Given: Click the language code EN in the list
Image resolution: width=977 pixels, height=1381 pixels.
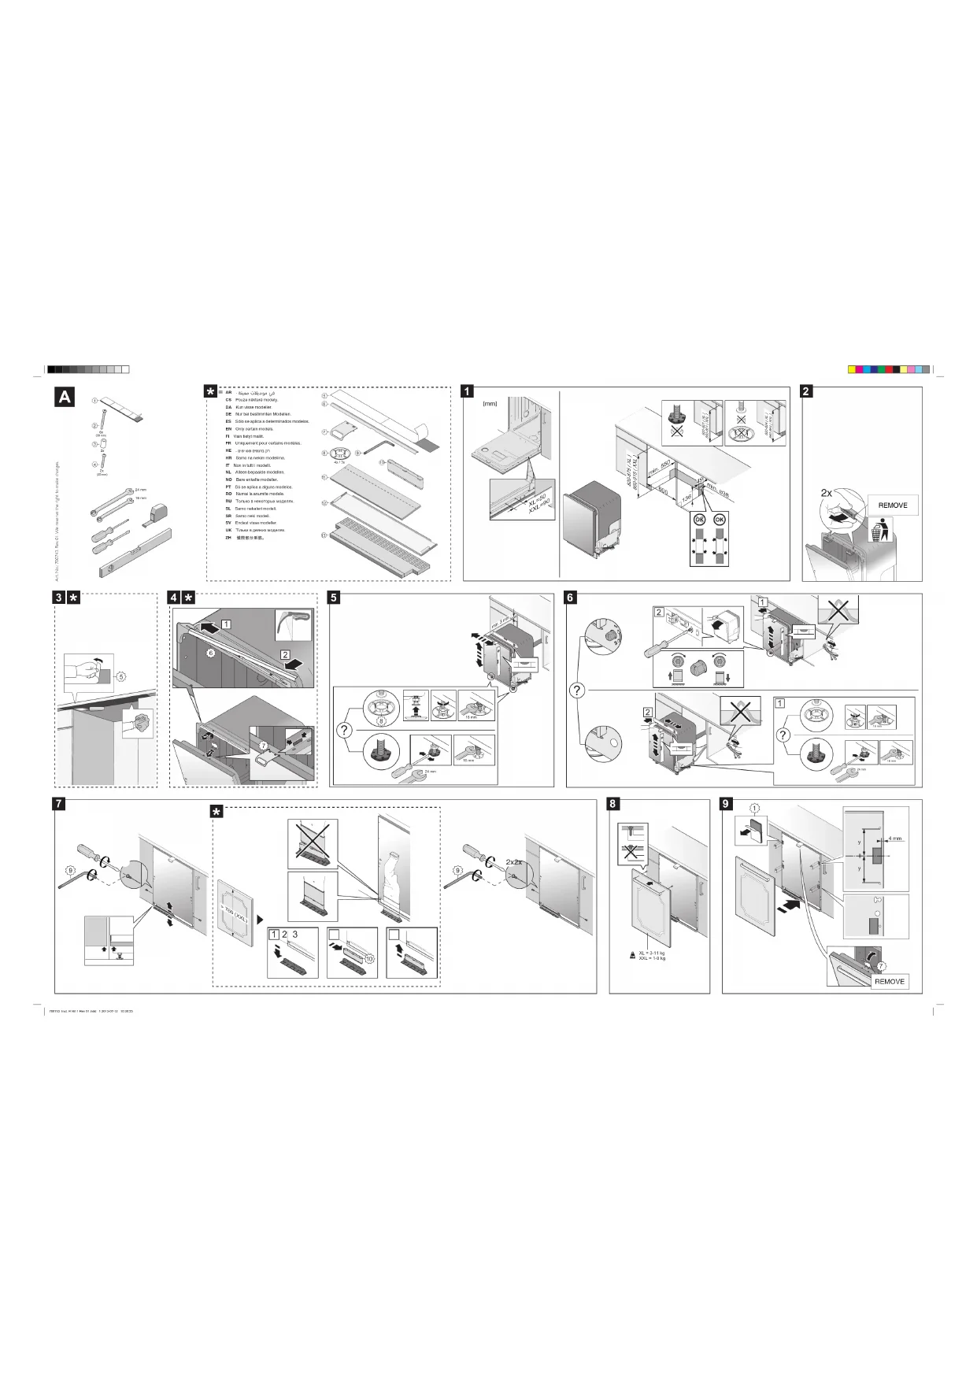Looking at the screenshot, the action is (228, 429).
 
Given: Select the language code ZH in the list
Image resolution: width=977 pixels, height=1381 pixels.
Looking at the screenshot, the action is (228, 538).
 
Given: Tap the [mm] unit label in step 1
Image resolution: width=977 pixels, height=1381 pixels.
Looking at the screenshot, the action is (490, 404).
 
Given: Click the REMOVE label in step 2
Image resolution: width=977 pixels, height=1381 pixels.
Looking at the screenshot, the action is (892, 505).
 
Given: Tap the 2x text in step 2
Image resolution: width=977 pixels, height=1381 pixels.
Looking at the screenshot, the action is (827, 492).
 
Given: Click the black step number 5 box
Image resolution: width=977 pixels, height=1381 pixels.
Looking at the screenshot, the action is (334, 598).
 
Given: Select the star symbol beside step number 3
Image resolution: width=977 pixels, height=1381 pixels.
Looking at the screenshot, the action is (73, 598).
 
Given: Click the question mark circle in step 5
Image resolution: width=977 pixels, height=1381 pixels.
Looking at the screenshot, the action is (343, 730).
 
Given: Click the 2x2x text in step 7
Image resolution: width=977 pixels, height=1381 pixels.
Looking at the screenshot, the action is (516, 862).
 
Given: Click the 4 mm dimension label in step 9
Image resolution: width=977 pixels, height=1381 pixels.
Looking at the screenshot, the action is (894, 839).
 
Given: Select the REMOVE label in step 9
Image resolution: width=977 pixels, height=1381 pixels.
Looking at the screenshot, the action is (890, 982).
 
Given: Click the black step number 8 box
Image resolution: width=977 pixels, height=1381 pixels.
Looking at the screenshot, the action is (613, 804).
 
